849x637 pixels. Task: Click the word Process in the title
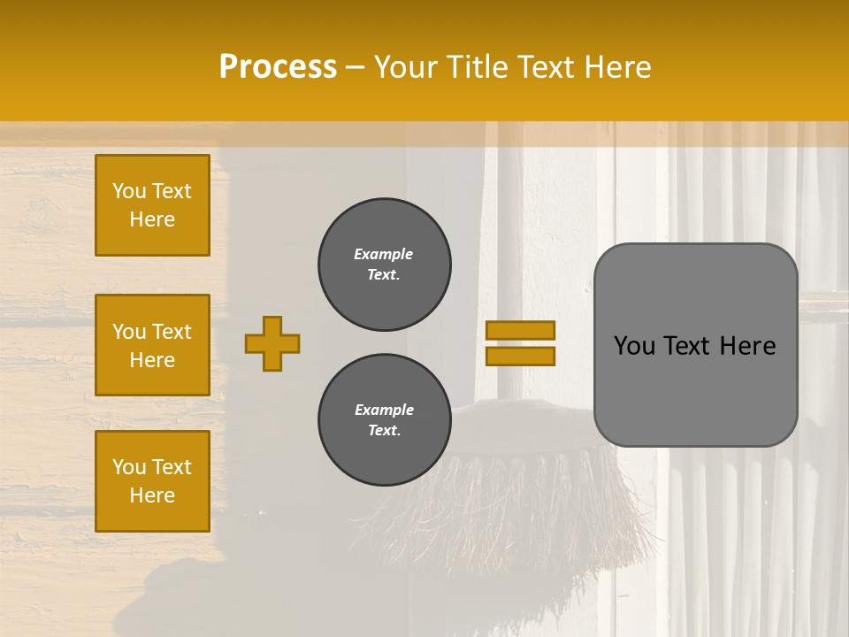pyautogui.click(x=278, y=67)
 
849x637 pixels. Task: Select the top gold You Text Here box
pyautogui.click(x=152, y=205)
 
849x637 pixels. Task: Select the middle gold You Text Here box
pyautogui.click(x=152, y=345)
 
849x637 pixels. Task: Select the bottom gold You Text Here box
pyautogui.click(x=152, y=481)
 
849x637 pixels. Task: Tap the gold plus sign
pyautogui.click(x=272, y=343)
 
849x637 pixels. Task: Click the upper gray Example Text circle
pyautogui.click(x=384, y=265)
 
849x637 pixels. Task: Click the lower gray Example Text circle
pyautogui.click(x=384, y=420)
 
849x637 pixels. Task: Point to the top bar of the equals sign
pyautogui.click(x=521, y=331)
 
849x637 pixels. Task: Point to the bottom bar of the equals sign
pyautogui.click(x=521, y=356)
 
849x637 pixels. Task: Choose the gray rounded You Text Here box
pyautogui.click(x=695, y=345)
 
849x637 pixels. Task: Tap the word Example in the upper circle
pyautogui.click(x=384, y=255)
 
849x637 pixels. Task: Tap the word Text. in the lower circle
pyautogui.click(x=384, y=431)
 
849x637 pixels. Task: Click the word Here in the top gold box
pyautogui.click(x=152, y=219)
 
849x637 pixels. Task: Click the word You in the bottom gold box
pyautogui.click(x=129, y=467)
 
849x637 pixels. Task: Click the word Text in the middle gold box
pyautogui.click(x=171, y=332)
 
